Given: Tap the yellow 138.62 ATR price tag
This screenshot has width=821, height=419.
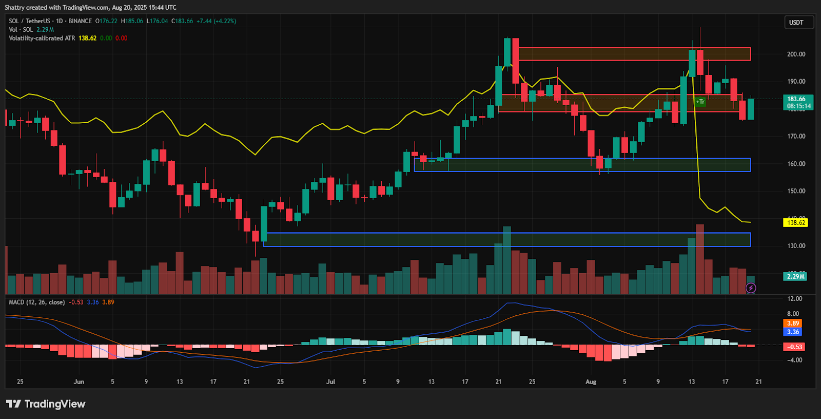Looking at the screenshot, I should tap(796, 223).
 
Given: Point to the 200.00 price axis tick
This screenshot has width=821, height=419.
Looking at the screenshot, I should tap(796, 54).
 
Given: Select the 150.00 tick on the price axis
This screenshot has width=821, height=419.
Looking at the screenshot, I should tap(796, 191).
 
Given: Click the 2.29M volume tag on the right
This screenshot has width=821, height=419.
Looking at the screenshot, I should tap(796, 276).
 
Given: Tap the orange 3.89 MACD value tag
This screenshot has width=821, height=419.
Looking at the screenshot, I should tap(793, 323).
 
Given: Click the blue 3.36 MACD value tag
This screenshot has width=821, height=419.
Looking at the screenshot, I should tap(793, 332).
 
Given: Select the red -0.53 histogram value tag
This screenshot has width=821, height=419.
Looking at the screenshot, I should tap(795, 347).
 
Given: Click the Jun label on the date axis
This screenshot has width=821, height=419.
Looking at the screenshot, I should tap(79, 382).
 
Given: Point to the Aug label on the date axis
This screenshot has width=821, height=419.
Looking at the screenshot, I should tap(591, 382).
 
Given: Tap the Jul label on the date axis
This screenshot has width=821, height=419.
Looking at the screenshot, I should tap(330, 382).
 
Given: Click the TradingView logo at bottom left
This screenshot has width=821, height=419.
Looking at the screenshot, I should tap(46, 404).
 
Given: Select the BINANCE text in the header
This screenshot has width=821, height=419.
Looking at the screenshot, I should tap(80, 21).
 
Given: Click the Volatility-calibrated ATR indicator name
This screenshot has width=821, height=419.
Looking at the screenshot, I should tap(42, 39).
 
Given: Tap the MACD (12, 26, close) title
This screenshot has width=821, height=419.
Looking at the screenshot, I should tap(37, 302).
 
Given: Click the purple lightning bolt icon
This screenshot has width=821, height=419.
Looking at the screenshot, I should tap(751, 288).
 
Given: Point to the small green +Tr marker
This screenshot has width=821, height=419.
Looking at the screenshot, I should tap(700, 102).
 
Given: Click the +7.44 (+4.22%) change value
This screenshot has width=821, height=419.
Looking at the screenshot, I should tap(216, 21).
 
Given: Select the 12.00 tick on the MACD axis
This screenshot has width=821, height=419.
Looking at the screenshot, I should tap(794, 299).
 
